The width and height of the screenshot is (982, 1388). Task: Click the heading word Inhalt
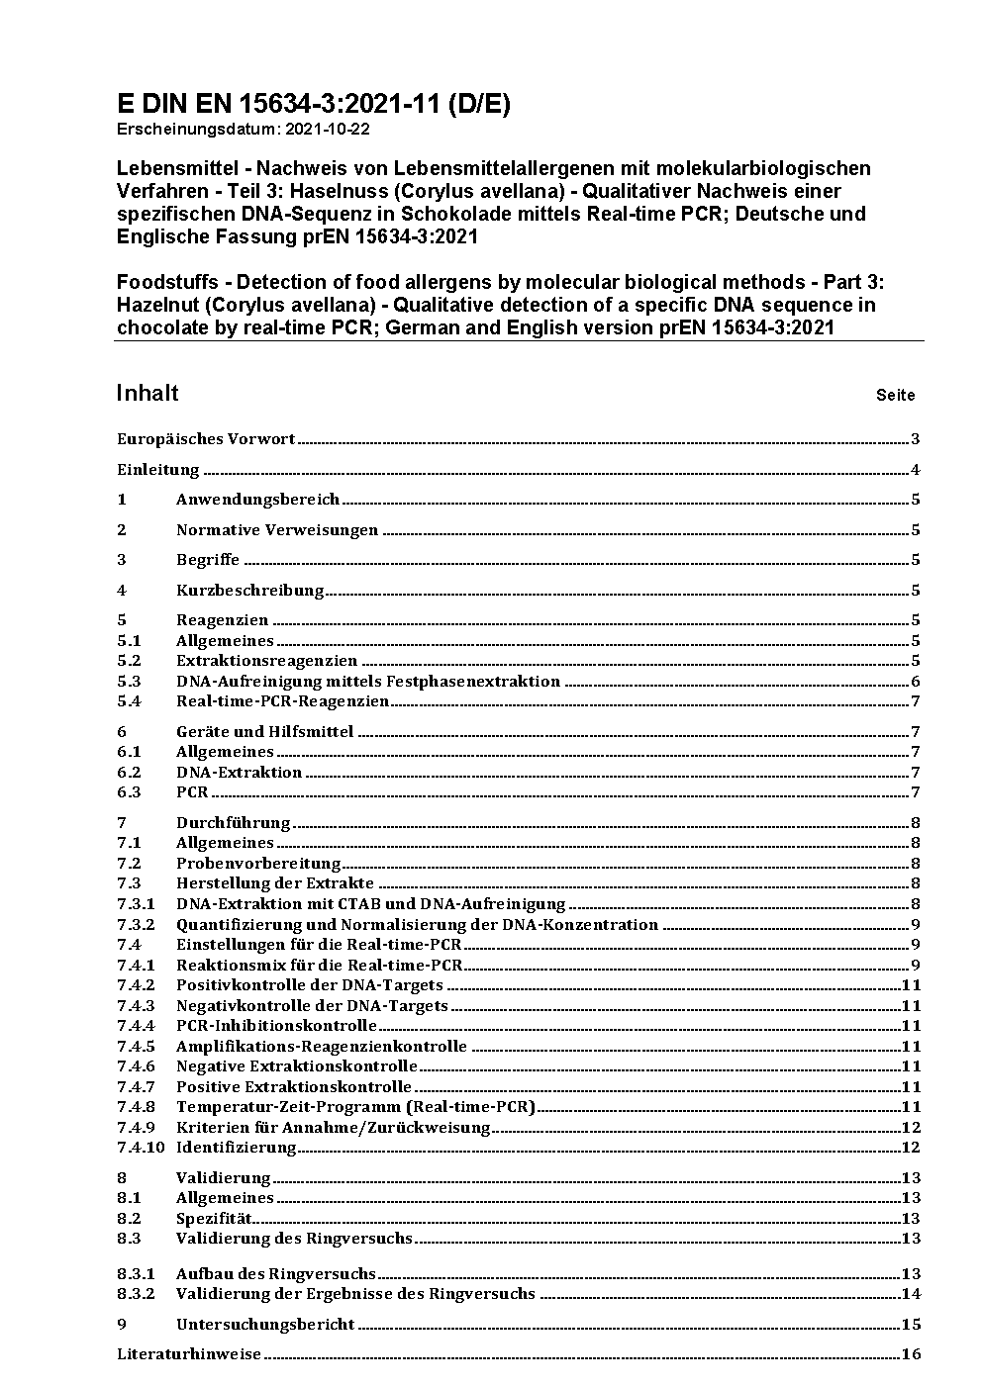click(147, 393)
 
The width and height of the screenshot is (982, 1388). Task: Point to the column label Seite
click(895, 396)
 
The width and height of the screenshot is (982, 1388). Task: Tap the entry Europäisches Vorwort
click(206, 439)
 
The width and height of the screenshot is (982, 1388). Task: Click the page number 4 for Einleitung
click(916, 470)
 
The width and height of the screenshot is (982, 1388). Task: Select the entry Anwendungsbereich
click(257, 500)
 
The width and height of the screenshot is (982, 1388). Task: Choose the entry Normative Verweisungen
click(277, 530)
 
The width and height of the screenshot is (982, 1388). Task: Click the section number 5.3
click(130, 682)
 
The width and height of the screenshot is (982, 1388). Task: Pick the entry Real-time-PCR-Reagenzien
click(282, 701)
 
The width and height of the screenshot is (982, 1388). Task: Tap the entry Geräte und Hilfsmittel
click(264, 732)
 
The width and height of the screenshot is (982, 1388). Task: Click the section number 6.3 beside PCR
click(130, 792)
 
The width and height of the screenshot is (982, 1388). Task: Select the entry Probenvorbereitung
click(258, 864)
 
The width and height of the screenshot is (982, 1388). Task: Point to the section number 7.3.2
click(136, 925)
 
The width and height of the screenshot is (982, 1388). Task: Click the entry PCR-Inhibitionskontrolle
click(276, 1026)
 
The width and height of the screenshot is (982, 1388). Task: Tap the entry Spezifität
click(214, 1219)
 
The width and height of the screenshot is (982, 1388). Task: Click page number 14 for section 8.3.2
click(911, 1294)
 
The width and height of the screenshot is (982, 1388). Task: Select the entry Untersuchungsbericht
click(265, 1325)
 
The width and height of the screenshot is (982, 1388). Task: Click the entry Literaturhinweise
click(189, 1354)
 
